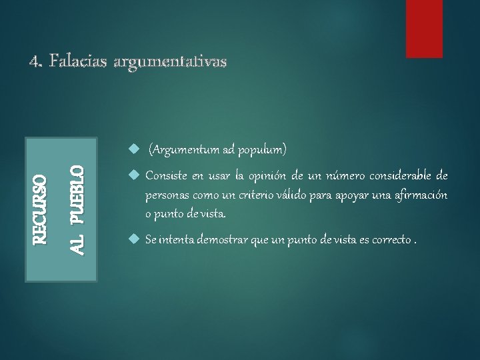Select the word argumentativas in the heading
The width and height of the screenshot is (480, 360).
point(171,62)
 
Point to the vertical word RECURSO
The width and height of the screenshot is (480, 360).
point(41,209)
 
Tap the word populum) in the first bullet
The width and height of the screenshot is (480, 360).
point(263,150)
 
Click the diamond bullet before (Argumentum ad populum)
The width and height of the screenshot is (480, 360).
point(133,150)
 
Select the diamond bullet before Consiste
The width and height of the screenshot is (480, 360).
point(133,175)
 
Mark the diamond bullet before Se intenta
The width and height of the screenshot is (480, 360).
point(133,239)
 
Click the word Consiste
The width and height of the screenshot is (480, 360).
point(167,176)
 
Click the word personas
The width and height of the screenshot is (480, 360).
point(168,195)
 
